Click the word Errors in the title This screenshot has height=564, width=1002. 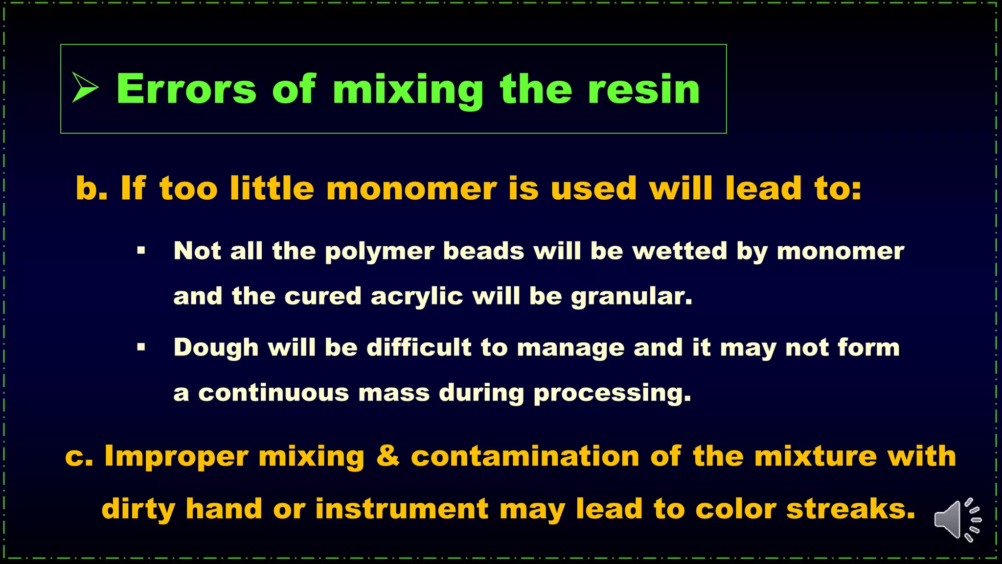pyautogui.click(x=186, y=89)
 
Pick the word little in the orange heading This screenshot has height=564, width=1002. pyautogui.click(x=272, y=188)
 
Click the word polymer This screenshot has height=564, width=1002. pyautogui.click(x=379, y=252)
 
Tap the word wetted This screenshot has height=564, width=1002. pyautogui.click(x=680, y=251)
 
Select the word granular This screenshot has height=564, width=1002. pyautogui.click(x=632, y=297)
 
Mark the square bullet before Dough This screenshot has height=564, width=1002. pyautogui.click(x=141, y=348)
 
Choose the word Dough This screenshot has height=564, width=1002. pyautogui.click(x=216, y=348)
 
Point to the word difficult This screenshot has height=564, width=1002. pyautogui.click(x=419, y=348)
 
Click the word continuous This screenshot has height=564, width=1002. pyautogui.click(x=273, y=393)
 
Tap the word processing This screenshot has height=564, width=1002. pyautogui.click(x=612, y=394)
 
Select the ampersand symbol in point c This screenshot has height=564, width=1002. pyautogui.click(x=387, y=456)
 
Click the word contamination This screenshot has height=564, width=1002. pyautogui.click(x=525, y=456)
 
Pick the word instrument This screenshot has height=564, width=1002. pyautogui.click(x=402, y=509)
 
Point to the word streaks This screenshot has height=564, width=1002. pyautogui.click(x=851, y=509)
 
